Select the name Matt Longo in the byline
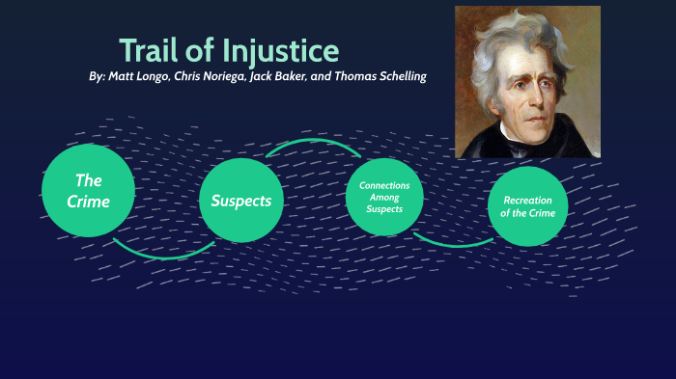click(139, 76)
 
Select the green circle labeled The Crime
click(89, 191)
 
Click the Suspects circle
click(241, 201)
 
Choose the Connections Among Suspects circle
click(384, 197)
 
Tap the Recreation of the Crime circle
click(529, 206)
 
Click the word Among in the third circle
click(384, 197)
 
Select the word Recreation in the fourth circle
click(529, 200)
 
